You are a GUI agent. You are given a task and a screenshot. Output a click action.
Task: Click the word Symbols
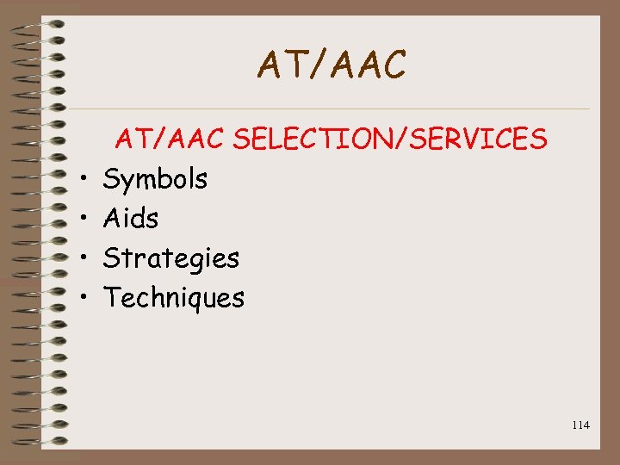click(155, 179)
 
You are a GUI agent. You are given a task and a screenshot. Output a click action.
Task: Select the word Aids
click(131, 219)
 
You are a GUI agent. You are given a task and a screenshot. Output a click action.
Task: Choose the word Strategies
click(170, 257)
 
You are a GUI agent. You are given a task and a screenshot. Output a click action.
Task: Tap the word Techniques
click(174, 298)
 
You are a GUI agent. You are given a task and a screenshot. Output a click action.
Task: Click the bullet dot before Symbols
click(90, 181)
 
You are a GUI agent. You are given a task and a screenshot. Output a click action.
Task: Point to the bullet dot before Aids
click(90, 220)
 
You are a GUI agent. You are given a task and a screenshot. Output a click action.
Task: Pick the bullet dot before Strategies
click(90, 259)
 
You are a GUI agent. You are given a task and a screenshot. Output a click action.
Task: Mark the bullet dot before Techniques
click(90, 299)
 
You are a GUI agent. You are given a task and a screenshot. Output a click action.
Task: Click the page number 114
click(580, 425)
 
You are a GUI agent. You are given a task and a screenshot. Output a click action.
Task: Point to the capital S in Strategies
click(111, 257)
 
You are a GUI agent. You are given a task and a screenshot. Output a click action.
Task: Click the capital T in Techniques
click(111, 298)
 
